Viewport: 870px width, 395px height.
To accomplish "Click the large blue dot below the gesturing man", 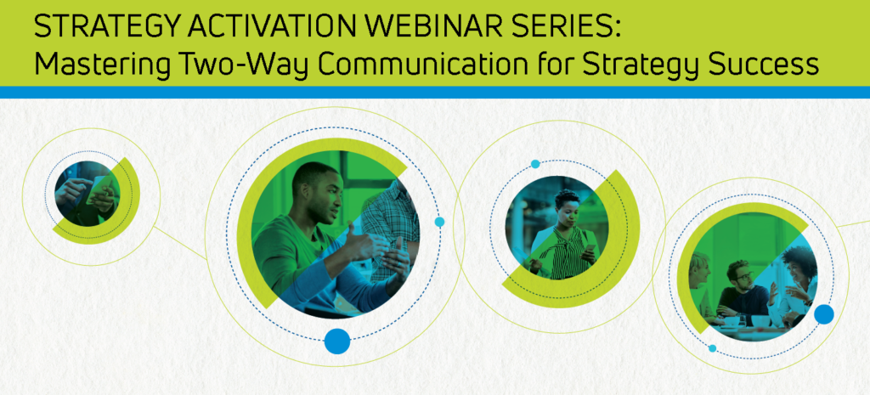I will pos(337,341).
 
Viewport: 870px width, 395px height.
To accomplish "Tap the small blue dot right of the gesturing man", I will pos(439,222).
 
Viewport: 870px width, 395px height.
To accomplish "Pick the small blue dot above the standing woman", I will pos(535,164).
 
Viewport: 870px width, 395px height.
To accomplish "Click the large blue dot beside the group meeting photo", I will pos(823,314).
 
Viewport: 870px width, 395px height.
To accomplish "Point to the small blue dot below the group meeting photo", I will pos(712,348).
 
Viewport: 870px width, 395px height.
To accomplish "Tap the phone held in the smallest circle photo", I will pos(100,189).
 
